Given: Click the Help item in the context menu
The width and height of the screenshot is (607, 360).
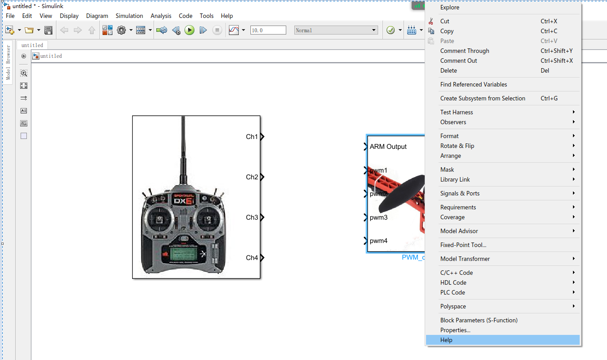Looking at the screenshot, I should pyautogui.click(x=446, y=340).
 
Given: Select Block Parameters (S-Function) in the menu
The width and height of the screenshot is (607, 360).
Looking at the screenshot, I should pyautogui.click(x=478, y=320).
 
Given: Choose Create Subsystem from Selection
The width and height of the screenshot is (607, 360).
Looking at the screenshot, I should pyautogui.click(x=482, y=98).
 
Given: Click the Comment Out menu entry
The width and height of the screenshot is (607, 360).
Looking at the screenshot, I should pyautogui.click(x=458, y=61).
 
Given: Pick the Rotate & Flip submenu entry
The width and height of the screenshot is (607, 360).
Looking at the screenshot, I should pyautogui.click(x=457, y=146).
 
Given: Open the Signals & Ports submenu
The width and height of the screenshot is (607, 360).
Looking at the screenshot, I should pyautogui.click(x=460, y=193).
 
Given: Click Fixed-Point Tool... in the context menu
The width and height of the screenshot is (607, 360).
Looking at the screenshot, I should pyautogui.click(x=463, y=245).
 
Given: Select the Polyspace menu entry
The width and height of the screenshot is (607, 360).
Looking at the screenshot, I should pyautogui.click(x=453, y=306).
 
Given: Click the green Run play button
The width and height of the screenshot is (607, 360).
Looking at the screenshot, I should pyautogui.click(x=189, y=30).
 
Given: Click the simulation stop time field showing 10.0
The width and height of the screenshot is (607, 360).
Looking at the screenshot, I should pyautogui.click(x=268, y=30).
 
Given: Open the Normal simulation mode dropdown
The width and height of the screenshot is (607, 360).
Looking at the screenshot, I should pyautogui.click(x=336, y=30).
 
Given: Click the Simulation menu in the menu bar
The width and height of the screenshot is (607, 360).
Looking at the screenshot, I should pyautogui.click(x=129, y=16).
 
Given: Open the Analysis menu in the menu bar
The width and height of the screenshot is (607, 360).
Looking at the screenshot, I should pyautogui.click(x=161, y=16).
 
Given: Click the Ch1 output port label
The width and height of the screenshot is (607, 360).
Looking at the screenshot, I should pyautogui.click(x=252, y=137).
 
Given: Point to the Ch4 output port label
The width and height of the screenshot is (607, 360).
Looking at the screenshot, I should pyautogui.click(x=252, y=258).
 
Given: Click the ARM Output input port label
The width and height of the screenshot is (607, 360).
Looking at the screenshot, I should pyautogui.click(x=388, y=147).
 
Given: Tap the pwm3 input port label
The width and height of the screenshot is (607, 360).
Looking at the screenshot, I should pyautogui.click(x=379, y=217).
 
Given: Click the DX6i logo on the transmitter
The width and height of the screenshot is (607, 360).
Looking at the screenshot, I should pyautogui.click(x=183, y=200).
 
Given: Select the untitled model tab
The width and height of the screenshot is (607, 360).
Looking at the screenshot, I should pyautogui.click(x=32, y=45).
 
